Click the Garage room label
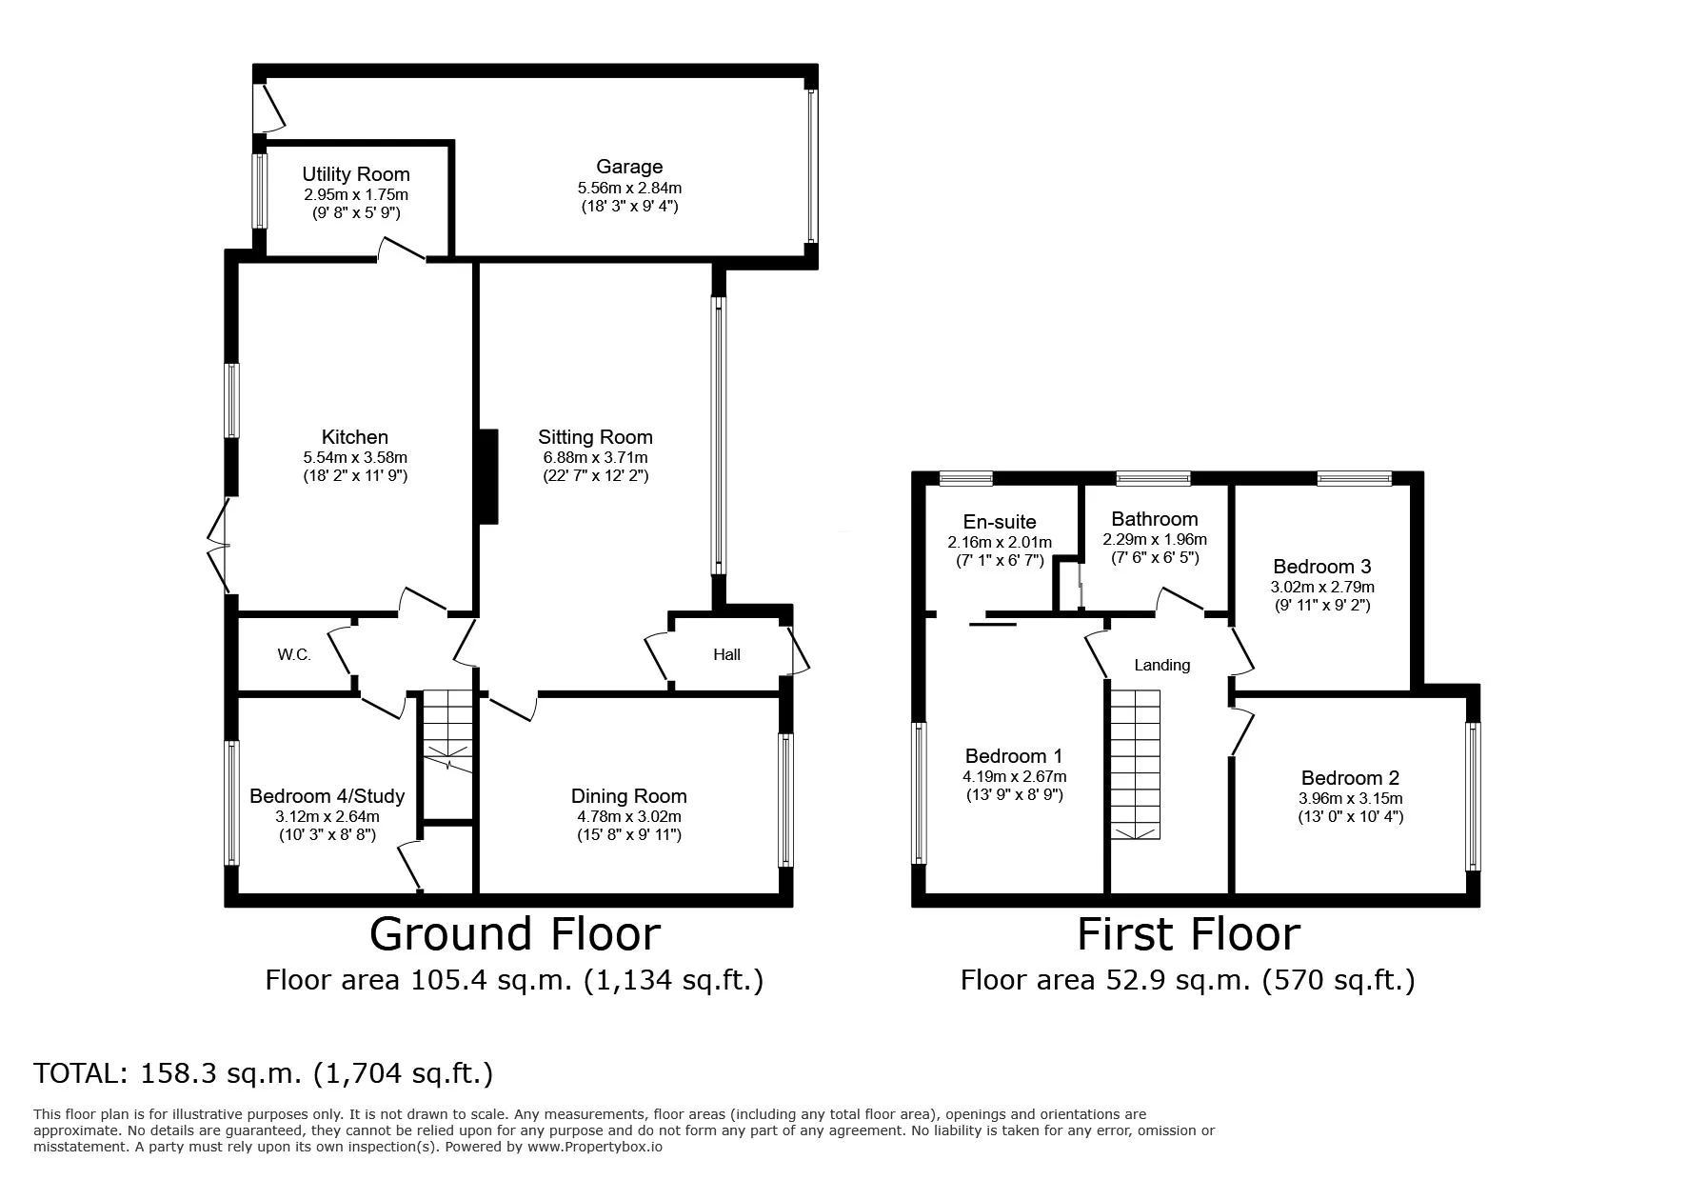point(629,167)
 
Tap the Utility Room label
point(356,174)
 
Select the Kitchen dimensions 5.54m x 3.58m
point(355,457)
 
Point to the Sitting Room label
point(595,437)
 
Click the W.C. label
point(294,654)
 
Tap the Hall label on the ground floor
point(726,654)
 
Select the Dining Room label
point(628,796)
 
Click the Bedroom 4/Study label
point(327,796)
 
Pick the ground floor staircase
point(447,730)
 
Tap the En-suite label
point(1000,522)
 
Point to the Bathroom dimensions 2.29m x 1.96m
point(1155,539)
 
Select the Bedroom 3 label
point(1322,567)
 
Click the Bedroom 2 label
point(1350,778)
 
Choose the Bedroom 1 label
point(1014,756)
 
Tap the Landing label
point(1161,665)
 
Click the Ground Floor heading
point(514,934)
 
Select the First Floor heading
point(1188,934)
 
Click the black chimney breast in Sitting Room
point(487,476)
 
